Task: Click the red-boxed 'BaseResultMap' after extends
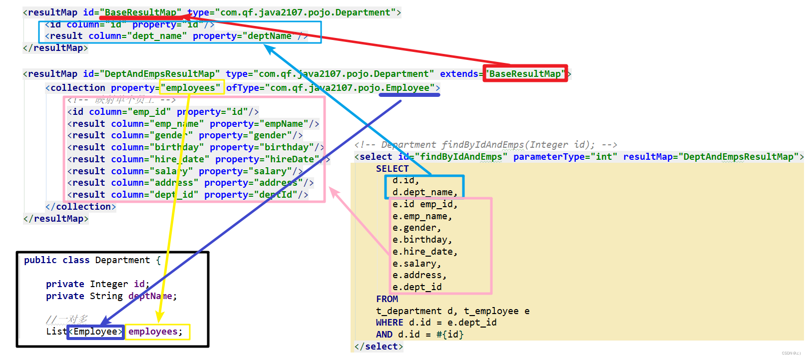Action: (x=525, y=74)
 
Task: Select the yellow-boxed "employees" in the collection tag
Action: (x=190, y=88)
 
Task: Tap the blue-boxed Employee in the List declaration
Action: (x=95, y=332)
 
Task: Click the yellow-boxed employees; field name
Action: (x=155, y=332)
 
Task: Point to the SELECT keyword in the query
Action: (x=392, y=169)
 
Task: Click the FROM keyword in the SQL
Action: (x=387, y=299)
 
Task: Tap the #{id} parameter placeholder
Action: (x=449, y=335)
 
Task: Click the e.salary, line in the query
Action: (x=416, y=264)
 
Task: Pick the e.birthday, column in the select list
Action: (x=422, y=240)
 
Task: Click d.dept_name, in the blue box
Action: (x=424, y=192)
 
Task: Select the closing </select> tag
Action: (x=379, y=347)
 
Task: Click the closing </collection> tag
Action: (x=80, y=207)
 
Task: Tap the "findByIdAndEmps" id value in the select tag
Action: (x=461, y=157)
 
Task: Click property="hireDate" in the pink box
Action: (x=267, y=159)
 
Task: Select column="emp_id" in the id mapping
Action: (x=130, y=112)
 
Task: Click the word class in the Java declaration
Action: (x=76, y=260)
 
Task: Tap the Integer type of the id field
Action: (x=109, y=284)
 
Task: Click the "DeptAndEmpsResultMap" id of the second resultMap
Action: (x=159, y=74)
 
